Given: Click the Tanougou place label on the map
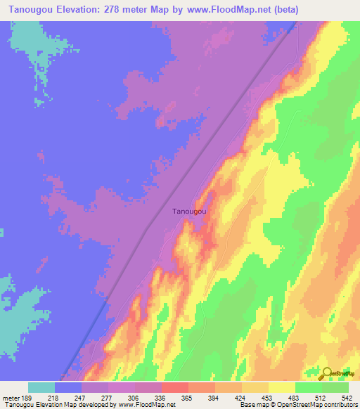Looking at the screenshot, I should click(189, 211).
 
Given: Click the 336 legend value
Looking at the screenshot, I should click(161, 397).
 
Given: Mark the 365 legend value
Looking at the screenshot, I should click(188, 397).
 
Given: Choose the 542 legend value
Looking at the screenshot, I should click(346, 397).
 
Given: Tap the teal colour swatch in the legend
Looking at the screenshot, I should click(41, 387).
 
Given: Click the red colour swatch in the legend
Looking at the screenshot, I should click(174, 387).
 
